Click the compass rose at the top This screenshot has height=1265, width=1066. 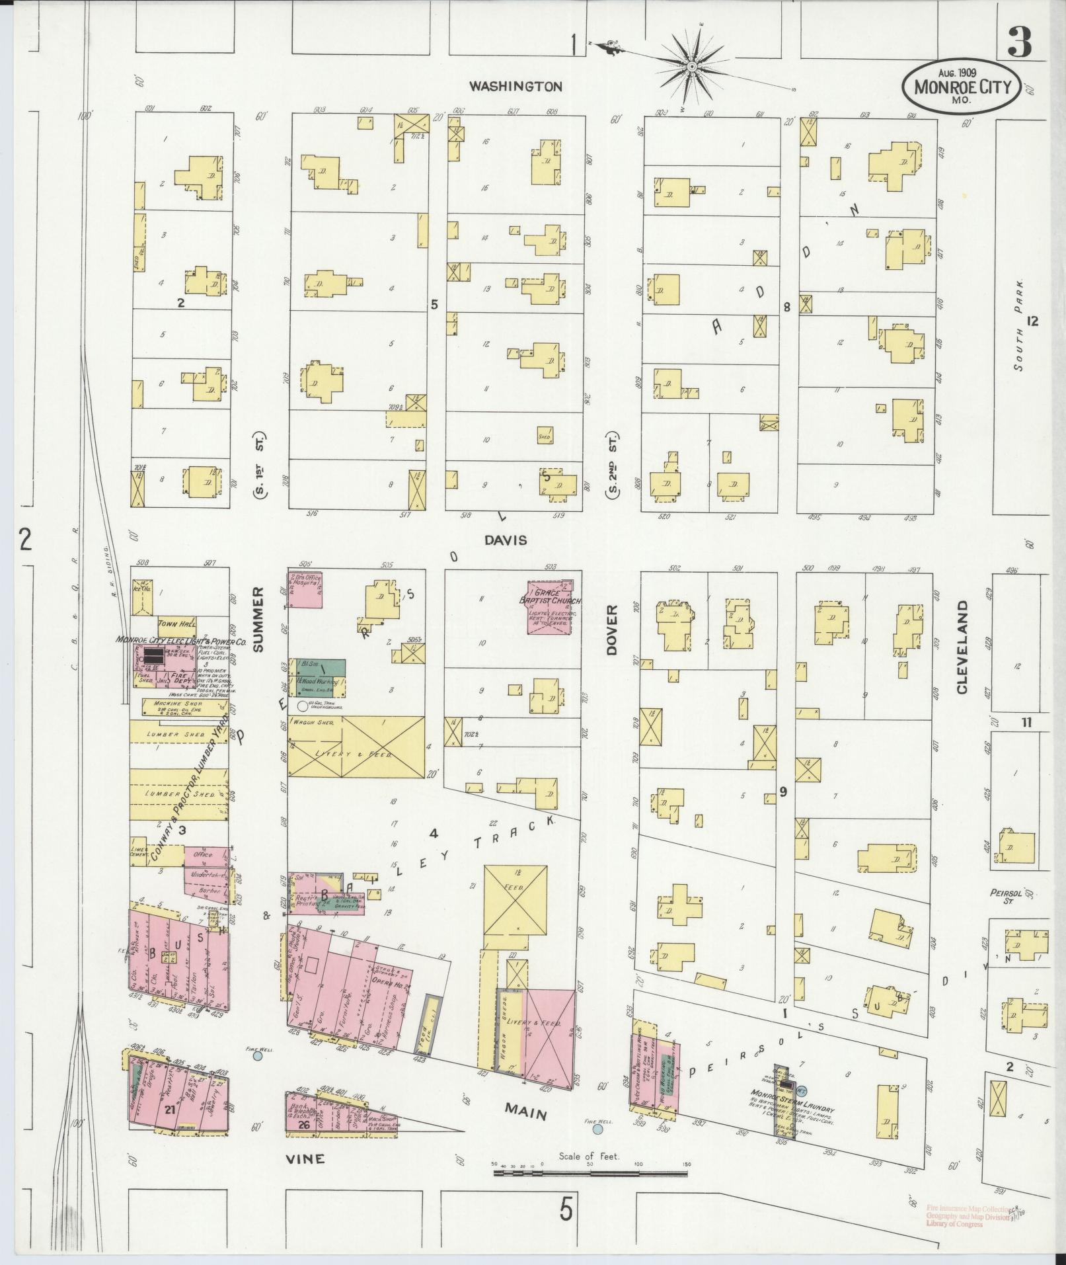[x=692, y=65]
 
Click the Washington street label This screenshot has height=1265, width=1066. [x=515, y=86]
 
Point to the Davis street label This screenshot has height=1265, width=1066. [x=505, y=540]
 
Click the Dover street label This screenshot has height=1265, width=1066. [x=611, y=629]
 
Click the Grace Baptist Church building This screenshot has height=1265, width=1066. [x=549, y=608]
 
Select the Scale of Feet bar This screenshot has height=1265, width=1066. [x=590, y=1174]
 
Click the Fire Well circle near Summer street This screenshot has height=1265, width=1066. [x=258, y=1074]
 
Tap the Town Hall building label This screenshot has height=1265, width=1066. [x=173, y=624]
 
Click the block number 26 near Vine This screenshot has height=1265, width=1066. [x=304, y=1124]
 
